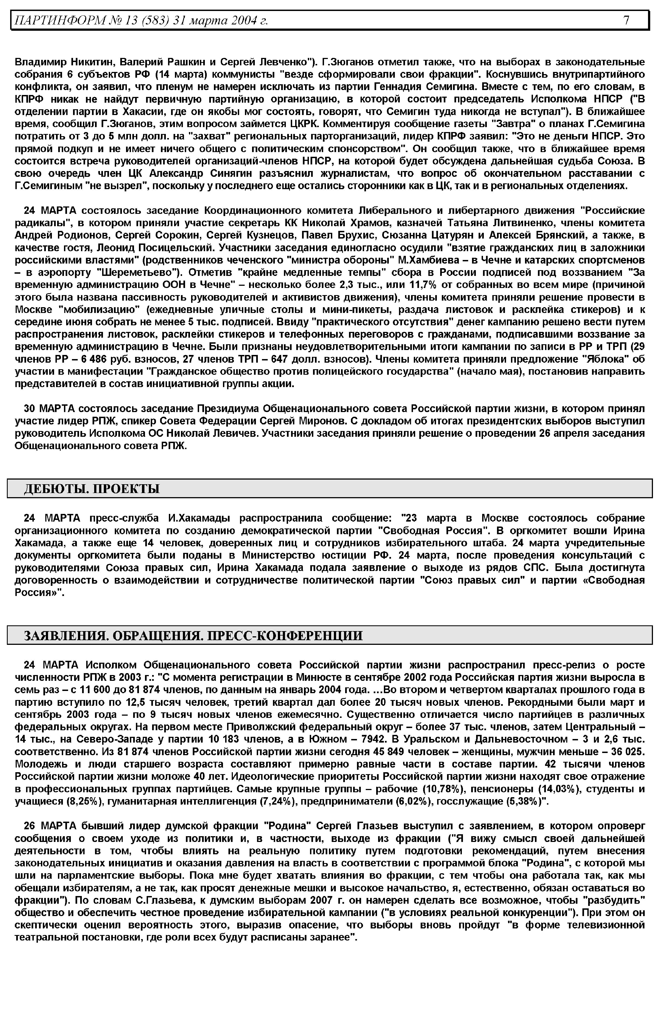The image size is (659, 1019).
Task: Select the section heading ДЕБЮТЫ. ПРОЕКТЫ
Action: [x=92, y=489]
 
